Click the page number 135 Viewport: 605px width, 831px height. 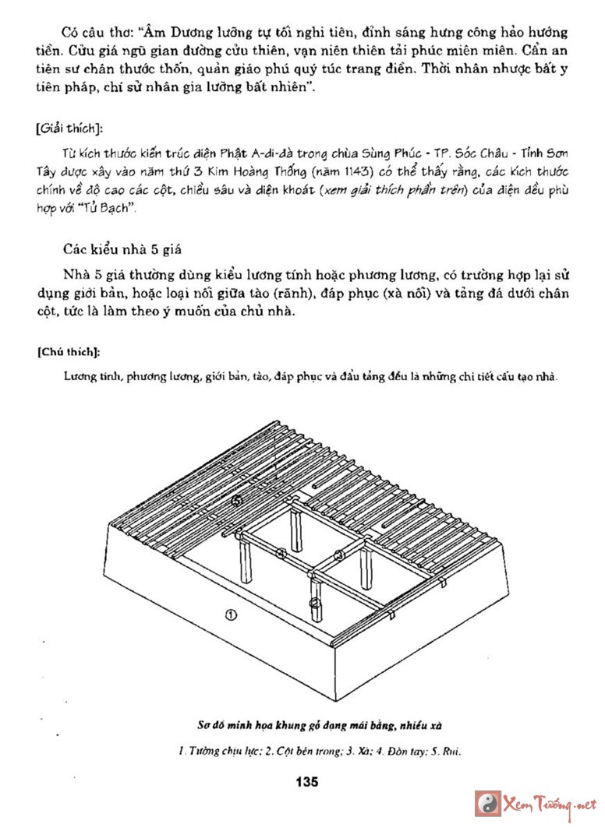307,782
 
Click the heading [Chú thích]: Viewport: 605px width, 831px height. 67,351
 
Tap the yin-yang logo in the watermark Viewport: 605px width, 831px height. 488,804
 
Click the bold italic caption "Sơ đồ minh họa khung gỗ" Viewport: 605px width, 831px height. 257,727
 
